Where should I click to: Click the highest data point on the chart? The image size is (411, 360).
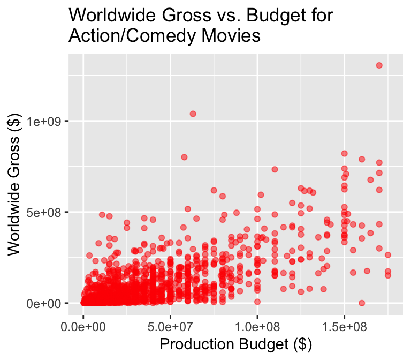point(379,65)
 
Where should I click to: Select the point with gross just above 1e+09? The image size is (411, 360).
point(193,114)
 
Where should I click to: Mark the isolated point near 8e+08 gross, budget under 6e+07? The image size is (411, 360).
point(184,157)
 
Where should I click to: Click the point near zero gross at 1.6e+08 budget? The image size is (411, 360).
point(362,303)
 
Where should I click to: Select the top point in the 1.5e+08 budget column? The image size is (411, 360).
point(345,154)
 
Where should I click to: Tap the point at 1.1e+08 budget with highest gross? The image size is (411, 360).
point(275,169)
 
